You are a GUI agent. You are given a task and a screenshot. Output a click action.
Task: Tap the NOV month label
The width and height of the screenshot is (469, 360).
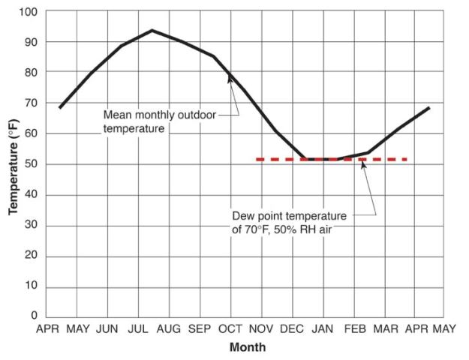[x=262, y=329]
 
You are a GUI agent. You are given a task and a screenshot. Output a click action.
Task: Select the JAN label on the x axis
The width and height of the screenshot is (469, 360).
[x=323, y=329]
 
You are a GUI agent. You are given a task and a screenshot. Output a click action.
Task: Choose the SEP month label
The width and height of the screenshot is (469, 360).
[x=200, y=329]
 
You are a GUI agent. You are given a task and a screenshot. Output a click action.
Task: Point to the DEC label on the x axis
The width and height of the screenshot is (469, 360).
[x=292, y=329]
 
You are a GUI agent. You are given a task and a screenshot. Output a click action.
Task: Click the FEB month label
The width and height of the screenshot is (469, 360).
[x=354, y=329]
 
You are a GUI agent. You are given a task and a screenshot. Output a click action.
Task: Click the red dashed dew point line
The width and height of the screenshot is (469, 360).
[x=285, y=159]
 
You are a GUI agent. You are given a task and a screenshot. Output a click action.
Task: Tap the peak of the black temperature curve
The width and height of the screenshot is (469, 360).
[x=152, y=31]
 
